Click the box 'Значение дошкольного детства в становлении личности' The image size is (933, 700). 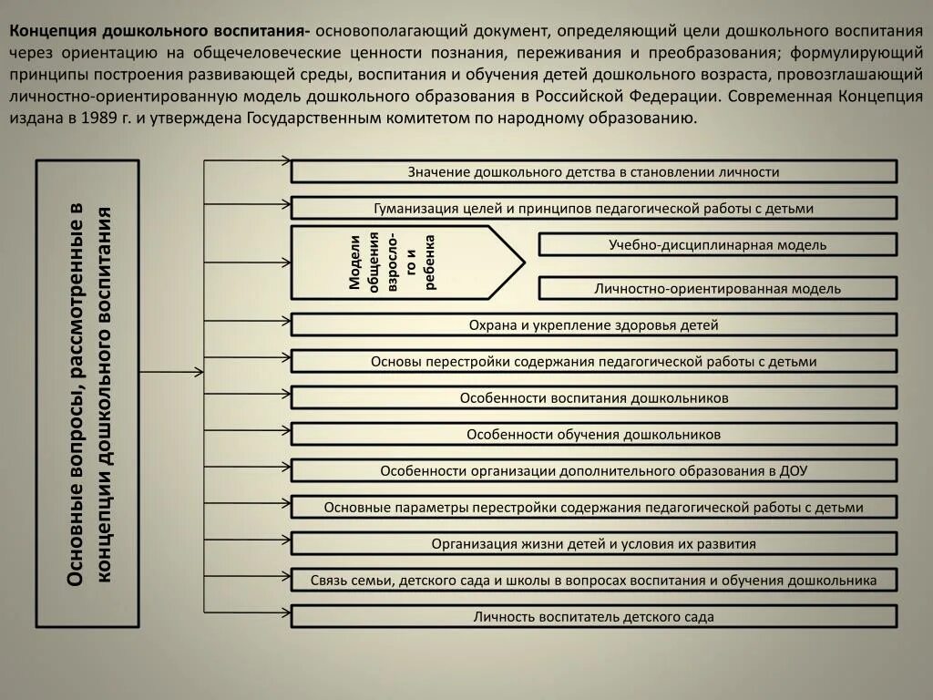point(593,171)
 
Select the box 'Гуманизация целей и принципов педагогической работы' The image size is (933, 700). point(593,208)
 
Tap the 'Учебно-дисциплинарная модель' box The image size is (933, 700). point(718,244)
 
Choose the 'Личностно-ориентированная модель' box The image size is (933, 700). point(718,288)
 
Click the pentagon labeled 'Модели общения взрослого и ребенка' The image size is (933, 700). point(401,262)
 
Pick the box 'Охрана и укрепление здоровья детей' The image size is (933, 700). point(593,324)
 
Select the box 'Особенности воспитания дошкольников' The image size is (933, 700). point(593,397)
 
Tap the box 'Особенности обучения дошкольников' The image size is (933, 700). point(593,434)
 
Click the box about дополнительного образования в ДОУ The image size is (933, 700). point(593,470)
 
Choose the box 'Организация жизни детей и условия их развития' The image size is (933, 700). point(593,544)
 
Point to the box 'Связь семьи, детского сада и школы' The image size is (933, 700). point(593,580)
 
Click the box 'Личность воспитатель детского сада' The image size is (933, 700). point(593,617)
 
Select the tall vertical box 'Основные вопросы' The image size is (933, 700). point(87,394)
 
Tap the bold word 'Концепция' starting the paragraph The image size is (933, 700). point(53,27)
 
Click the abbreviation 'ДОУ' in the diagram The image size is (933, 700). point(794,471)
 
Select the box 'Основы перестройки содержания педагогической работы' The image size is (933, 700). point(593,361)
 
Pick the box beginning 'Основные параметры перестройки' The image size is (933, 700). point(593,507)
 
